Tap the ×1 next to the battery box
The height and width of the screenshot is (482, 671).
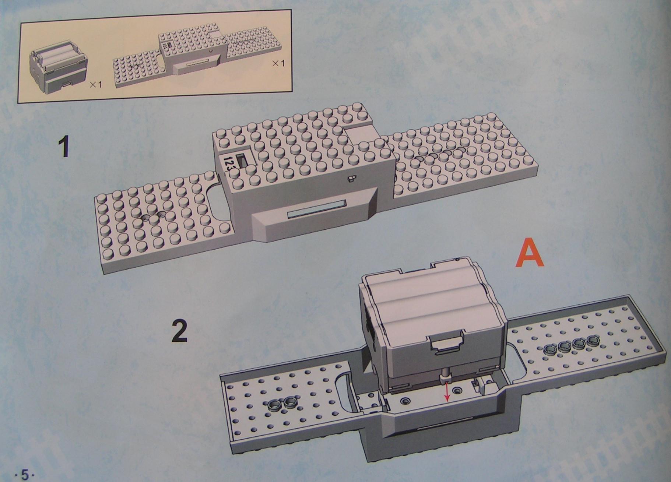pos(96,84)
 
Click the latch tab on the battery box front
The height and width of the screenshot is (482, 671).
pos(446,344)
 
